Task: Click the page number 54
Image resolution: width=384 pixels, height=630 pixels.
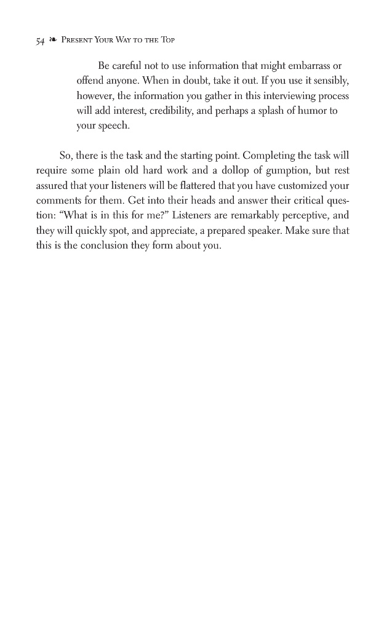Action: pyautogui.click(x=40, y=42)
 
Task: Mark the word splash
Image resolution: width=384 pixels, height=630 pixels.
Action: pyautogui.click(x=279, y=111)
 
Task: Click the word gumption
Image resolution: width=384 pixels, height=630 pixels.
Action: pyautogui.click(x=284, y=169)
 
